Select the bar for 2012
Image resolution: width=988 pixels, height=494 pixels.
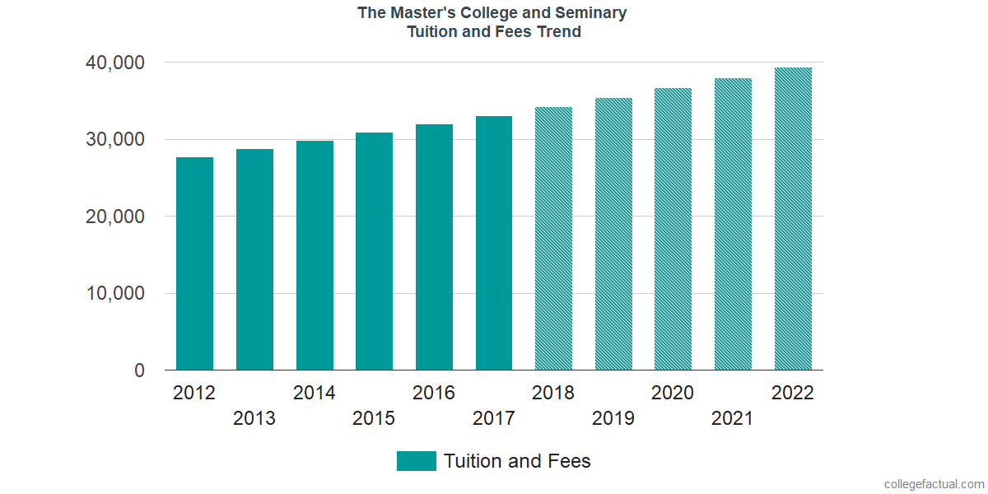tap(194, 263)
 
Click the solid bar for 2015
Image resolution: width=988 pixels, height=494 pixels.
tap(374, 251)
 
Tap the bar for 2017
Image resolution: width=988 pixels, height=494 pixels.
tap(494, 243)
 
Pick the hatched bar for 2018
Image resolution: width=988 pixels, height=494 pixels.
tap(553, 239)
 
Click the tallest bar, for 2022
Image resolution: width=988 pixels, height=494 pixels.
tap(793, 218)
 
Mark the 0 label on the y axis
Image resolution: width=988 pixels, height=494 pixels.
tap(140, 371)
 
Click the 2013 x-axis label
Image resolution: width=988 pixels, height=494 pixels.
tap(254, 419)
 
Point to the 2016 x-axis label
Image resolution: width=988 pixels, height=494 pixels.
tap(434, 393)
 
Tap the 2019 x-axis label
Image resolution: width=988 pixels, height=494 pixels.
tap(613, 419)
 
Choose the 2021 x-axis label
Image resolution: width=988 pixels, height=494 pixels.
tap(733, 419)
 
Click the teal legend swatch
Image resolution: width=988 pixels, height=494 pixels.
tap(416, 461)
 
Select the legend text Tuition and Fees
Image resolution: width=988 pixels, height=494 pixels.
tap(517, 461)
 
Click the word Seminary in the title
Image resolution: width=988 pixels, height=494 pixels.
tap(590, 13)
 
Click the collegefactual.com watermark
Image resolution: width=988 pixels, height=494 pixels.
tap(934, 484)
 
